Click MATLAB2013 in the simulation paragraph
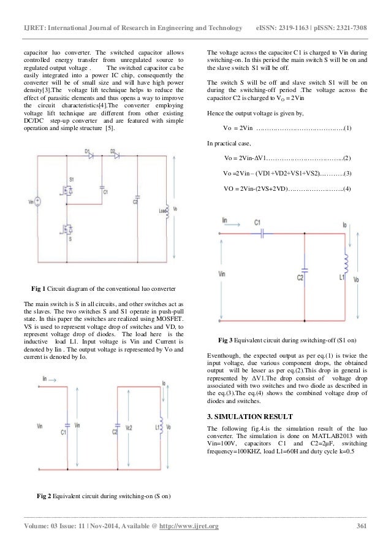coord(332,436)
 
